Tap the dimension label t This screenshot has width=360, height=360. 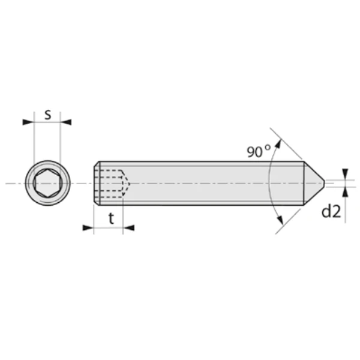point(111,219)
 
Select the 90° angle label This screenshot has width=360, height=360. point(259,150)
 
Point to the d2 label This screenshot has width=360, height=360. point(331,211)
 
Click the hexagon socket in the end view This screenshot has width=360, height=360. point(47,182)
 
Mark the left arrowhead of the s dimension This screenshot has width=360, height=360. point(28,122)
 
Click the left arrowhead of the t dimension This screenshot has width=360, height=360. point(88,227)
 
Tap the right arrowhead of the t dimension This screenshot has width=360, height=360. point(128,227)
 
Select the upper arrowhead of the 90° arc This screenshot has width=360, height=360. point(277,145)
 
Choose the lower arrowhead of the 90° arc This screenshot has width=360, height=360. point(278,221)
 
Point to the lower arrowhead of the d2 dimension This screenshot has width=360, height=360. point(345,191)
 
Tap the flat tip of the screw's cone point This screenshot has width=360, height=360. point(325,182)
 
